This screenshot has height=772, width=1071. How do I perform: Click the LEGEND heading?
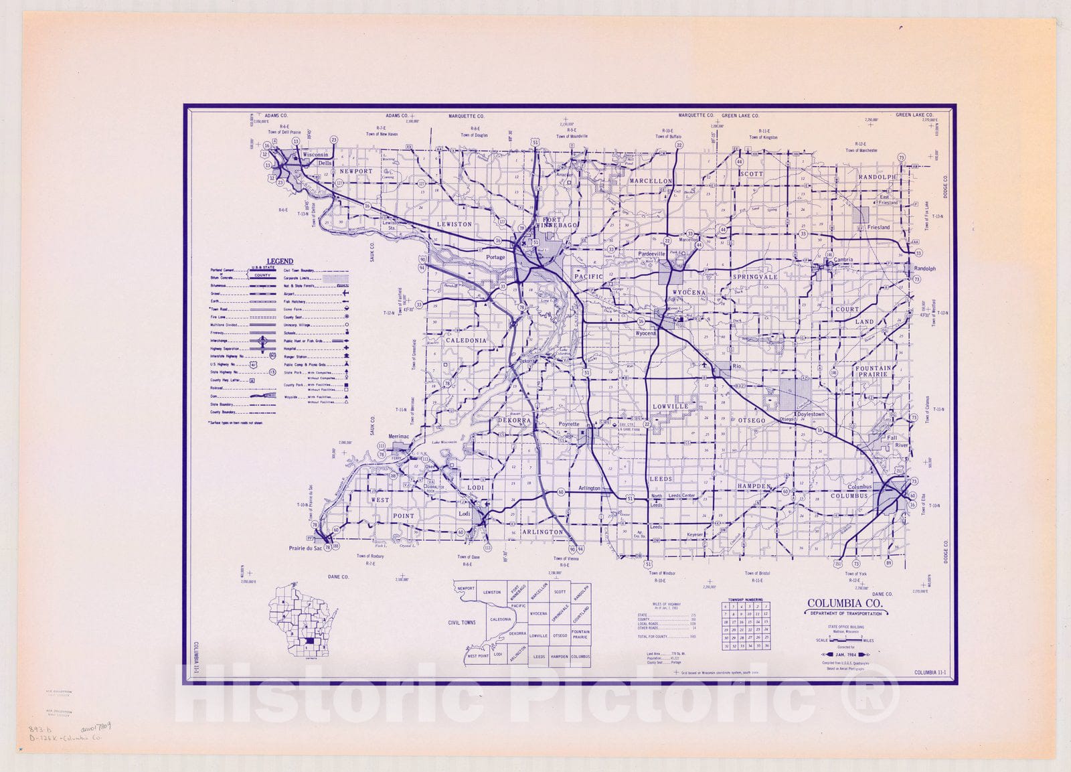coord(280,261)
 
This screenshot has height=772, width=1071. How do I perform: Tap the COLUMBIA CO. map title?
coord(845,603)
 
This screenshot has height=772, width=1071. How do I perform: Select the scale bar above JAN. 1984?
coord(845,640)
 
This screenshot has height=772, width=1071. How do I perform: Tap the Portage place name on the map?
coord(495,257)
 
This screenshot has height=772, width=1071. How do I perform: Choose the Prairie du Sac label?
coord(305,548)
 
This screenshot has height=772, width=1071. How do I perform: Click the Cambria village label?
coord(843,260)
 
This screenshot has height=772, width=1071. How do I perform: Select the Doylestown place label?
coord(811,414)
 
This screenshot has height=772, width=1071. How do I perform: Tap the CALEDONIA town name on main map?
coord(467,341)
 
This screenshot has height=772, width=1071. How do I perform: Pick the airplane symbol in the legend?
coord(345,293)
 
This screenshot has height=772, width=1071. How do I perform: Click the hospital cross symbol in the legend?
coord(345,349)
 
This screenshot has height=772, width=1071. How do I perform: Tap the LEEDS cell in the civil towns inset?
coord(539,657)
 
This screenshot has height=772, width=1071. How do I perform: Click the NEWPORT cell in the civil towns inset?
coord(466,589)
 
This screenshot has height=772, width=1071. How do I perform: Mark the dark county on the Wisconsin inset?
coord(309,642)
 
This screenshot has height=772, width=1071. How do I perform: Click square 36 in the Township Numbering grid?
coord(766,646)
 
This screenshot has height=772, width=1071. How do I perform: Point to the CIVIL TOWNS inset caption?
coord(462,623)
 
